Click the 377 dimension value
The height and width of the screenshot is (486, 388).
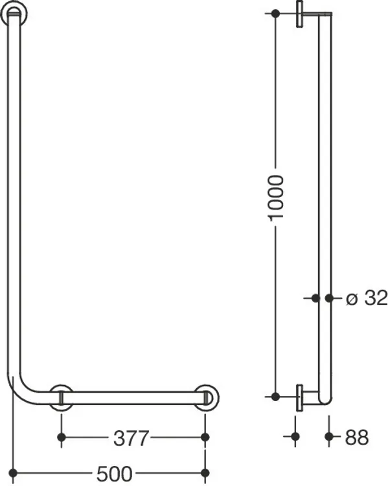point(131,438)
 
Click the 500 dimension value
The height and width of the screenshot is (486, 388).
point(115,474)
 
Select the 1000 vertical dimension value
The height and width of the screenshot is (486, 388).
point(275,198)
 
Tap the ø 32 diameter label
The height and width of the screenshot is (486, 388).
point(367,298)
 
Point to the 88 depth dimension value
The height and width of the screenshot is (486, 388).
point(357,437)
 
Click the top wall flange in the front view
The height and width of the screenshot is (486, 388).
point(14,13)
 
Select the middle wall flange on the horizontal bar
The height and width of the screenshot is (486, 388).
point(62,398)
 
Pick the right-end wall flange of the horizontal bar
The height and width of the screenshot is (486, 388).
point(207,398)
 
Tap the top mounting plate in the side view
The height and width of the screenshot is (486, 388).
point(300,14)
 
